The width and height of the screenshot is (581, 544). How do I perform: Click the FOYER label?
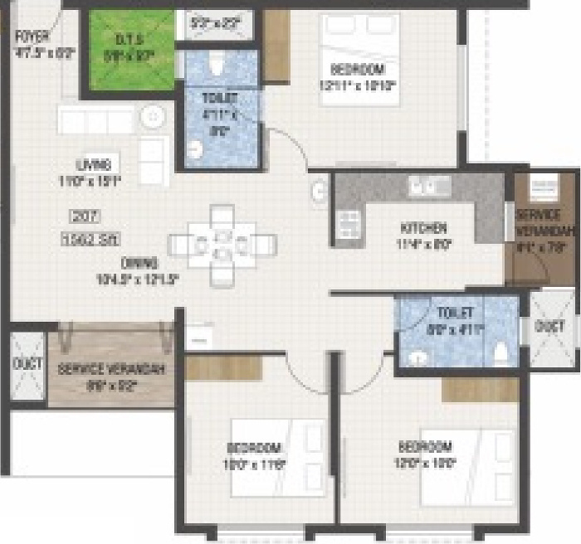32,37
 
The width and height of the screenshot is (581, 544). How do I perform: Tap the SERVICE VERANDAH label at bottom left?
111,368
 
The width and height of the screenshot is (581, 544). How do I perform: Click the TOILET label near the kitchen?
455,313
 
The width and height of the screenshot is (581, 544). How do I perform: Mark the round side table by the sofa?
154,118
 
